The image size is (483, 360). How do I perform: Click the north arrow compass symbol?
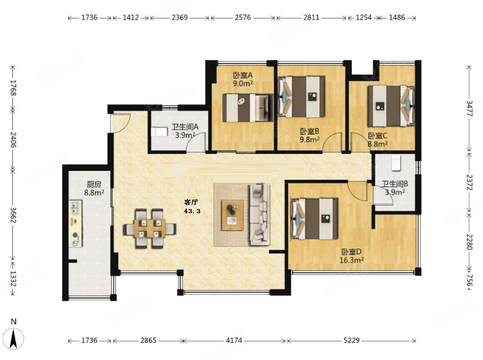14,338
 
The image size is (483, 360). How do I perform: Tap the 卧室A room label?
243,75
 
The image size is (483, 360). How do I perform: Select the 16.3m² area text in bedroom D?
351,260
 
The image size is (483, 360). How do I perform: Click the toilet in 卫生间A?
159,132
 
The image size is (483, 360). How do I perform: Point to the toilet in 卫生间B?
396,163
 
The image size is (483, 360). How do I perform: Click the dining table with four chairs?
150,228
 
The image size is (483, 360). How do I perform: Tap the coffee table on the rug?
233,215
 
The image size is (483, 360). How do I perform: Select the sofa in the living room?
259,214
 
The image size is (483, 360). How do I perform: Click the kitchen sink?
75,207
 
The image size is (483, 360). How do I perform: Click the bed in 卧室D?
314,219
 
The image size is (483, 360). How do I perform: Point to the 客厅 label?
191,202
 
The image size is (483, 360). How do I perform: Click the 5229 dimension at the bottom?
351,340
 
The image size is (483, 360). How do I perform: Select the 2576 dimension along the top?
243,17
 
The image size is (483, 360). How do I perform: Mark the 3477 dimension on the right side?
469,109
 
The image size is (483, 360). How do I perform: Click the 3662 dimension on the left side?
13,214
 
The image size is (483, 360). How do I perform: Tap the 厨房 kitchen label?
94,184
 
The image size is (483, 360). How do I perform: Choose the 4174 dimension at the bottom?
234,340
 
